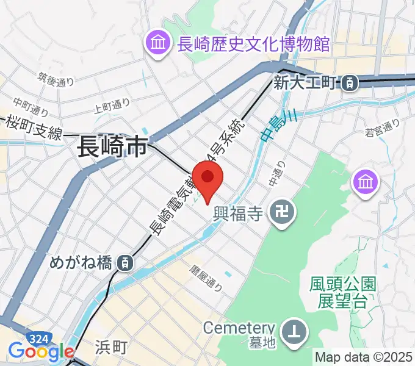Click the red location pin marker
click(x=208, y=178)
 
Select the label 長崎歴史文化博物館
click(x=253, y=44)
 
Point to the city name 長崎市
click(x=112, y=147)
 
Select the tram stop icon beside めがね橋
click(x=124, y=263)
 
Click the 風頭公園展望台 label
click(x=342, y=292)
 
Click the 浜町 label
click(x=112, y=347)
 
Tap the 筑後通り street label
click(x=56, y=79)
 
